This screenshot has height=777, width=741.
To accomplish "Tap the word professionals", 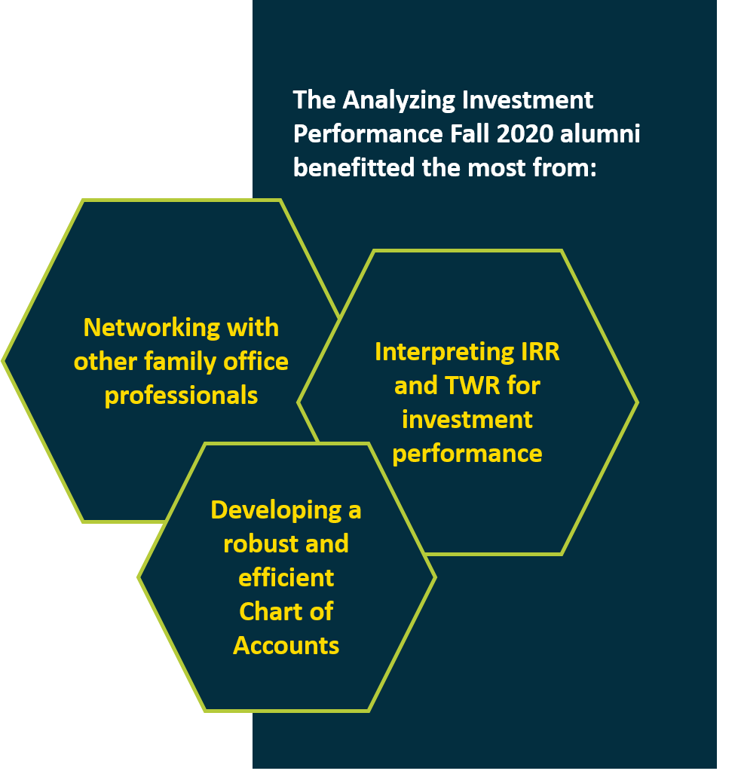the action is point(181,396).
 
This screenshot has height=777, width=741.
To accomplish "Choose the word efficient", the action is point(286,578).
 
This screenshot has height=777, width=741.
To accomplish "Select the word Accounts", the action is point(286,646).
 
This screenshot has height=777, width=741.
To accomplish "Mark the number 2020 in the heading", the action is point(525,134).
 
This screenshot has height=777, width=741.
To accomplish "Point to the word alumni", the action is point(600,134).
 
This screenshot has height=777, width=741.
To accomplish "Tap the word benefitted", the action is point(354,168).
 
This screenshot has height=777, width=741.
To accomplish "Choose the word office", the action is point(256,362).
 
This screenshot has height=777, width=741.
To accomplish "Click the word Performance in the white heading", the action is point(368,134).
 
